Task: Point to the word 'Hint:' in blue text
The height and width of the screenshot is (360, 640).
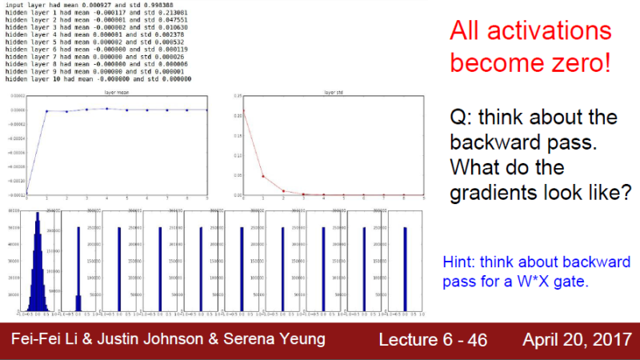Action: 460,262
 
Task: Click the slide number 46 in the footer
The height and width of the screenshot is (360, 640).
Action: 477,340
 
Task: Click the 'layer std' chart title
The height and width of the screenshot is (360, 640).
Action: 334,92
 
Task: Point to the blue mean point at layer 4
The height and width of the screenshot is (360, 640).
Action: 107,109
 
